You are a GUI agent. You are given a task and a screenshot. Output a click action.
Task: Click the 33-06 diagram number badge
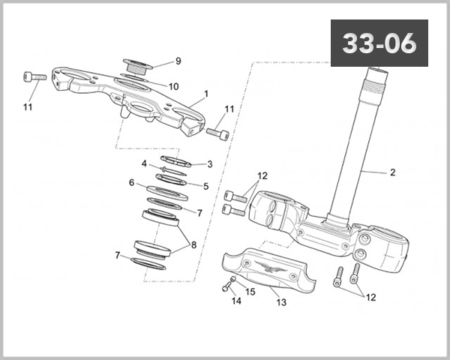pyautogui.click(x=379, y=43)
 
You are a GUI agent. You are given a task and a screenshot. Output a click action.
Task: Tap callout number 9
pyautogui.click(x=178, y=61)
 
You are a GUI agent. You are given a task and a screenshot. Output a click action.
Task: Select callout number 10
pyautogui.click(x=173, y=86)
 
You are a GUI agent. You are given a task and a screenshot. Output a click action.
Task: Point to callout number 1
pyautogui.click(x=205, y=96)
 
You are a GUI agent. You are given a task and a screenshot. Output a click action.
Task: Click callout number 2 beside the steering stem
pyautogui.click(x=391, y=172)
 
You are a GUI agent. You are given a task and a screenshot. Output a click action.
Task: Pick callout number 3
pyautogui.click(x=210, y=163)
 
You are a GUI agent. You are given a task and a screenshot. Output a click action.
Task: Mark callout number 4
pyautogui.click(x=144, y=163)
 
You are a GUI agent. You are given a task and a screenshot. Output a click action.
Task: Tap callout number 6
pyautogui.click(x=131, y=182)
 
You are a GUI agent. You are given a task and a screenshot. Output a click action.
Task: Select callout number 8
pyautogui.click(x=194, y=244)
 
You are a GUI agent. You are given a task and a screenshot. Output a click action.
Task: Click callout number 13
pyautogui.click(x=281, y=303)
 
